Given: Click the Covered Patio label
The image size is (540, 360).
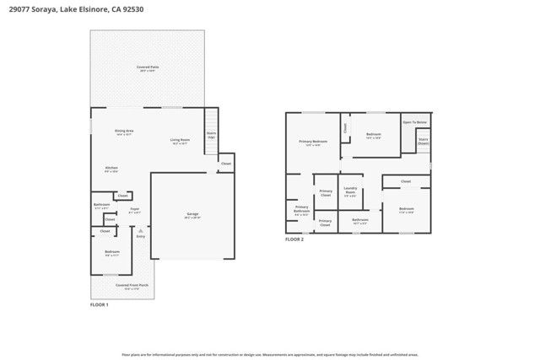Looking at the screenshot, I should pyautogui.click(x=148, y=67).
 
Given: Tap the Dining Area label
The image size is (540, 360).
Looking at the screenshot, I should pyautogui.click(x=125, y=132).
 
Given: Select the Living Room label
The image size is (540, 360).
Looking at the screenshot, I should pyautogui.click(x=180, y=141).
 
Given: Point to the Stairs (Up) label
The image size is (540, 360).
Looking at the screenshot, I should pyautogui.click(x=212, y=135).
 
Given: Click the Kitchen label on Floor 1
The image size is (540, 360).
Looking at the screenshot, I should pyautogui.click(x=111, y=169).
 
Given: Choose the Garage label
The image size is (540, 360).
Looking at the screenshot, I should pyautogui.click(x=192, y=215).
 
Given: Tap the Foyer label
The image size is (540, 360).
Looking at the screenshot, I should pyautogui.click(x=134, y=209).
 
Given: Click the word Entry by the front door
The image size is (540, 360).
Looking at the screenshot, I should pyautogui.click(x=141, y=236).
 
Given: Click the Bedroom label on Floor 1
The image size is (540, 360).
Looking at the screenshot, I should pyautogui.click(x=111, y=251).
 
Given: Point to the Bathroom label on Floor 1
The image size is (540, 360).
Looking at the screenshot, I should pyautogui.click(x=101, y=205).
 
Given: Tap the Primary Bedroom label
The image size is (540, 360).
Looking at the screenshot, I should pyautogui.click(x=313, y=142).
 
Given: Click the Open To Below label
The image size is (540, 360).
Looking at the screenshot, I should pyautogui.click(x=414, y=122).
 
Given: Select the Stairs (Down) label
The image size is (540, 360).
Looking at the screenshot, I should pyautogui.click(x=423, y=142).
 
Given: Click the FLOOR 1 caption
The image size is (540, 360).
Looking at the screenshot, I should pyautogui.click(x=100, y=304).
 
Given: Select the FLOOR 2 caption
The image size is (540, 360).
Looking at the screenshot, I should pyautogui.click(x=294, y=240).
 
